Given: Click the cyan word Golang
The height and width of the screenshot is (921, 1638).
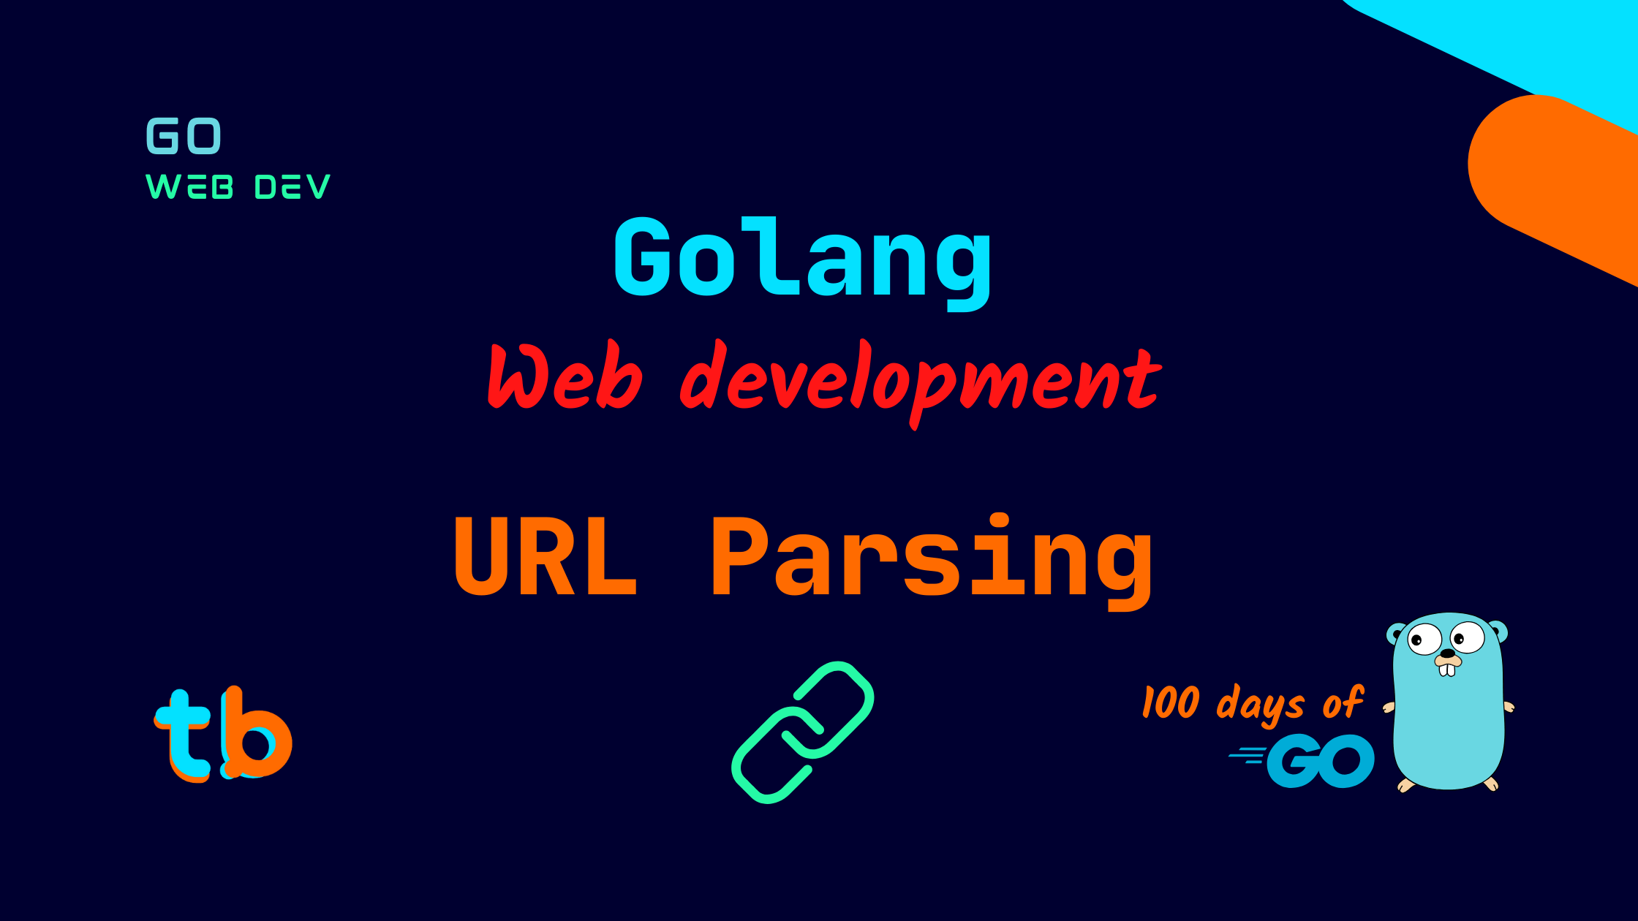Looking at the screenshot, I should tap(803, 259).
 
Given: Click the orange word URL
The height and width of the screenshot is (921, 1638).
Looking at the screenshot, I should tap(546, 557).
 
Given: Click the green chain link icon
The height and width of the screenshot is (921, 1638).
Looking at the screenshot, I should tap(803, 732).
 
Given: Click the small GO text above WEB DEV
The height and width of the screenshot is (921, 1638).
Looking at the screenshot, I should tap(184, 136).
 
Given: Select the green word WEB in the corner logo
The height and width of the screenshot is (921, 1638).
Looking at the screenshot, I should tap(189, 187).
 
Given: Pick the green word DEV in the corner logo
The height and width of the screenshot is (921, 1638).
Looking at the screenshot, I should tap(292, 187).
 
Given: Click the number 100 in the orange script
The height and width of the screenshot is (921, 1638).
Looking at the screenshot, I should tap(1171, 702).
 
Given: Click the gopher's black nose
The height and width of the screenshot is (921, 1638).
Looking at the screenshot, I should tap(1447, 653).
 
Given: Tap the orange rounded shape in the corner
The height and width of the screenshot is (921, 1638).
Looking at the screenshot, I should tap(1550, 175).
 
